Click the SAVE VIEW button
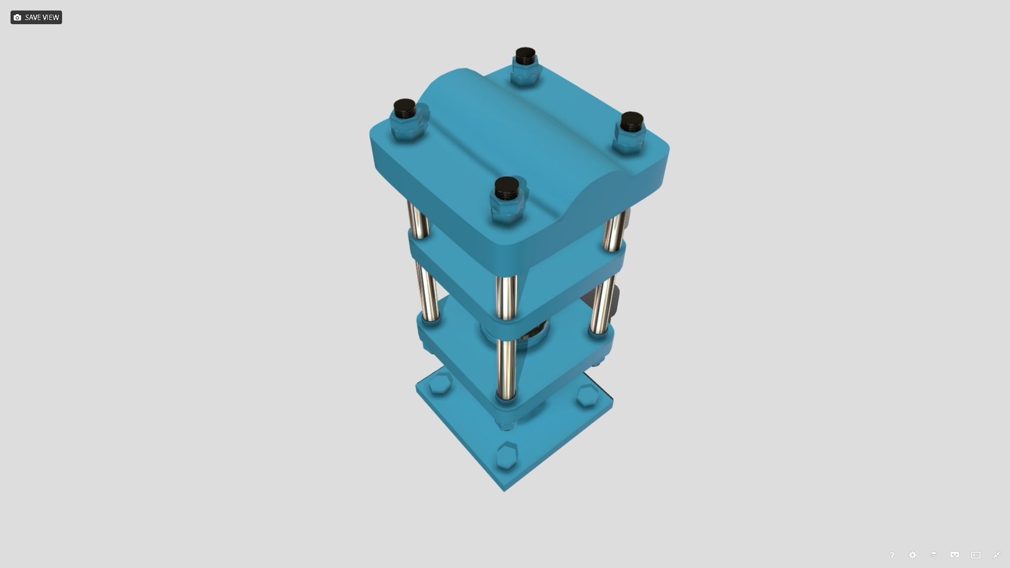(36, 17)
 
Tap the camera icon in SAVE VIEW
(17, 17)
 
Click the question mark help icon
(892, 555)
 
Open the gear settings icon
(913, 555)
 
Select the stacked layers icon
(934, 555)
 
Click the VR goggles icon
(955, 555)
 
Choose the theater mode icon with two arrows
(976, 555)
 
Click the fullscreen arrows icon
(997, 555)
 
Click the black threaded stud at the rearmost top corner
(525, 55)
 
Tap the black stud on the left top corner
(404, 108)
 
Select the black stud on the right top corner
(631, 121)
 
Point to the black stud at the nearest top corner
(507, 188)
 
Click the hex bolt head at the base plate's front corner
(507, 455)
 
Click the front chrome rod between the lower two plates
(506, 368)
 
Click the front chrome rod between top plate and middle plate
(506, 297)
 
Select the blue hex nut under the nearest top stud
(507, 210)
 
